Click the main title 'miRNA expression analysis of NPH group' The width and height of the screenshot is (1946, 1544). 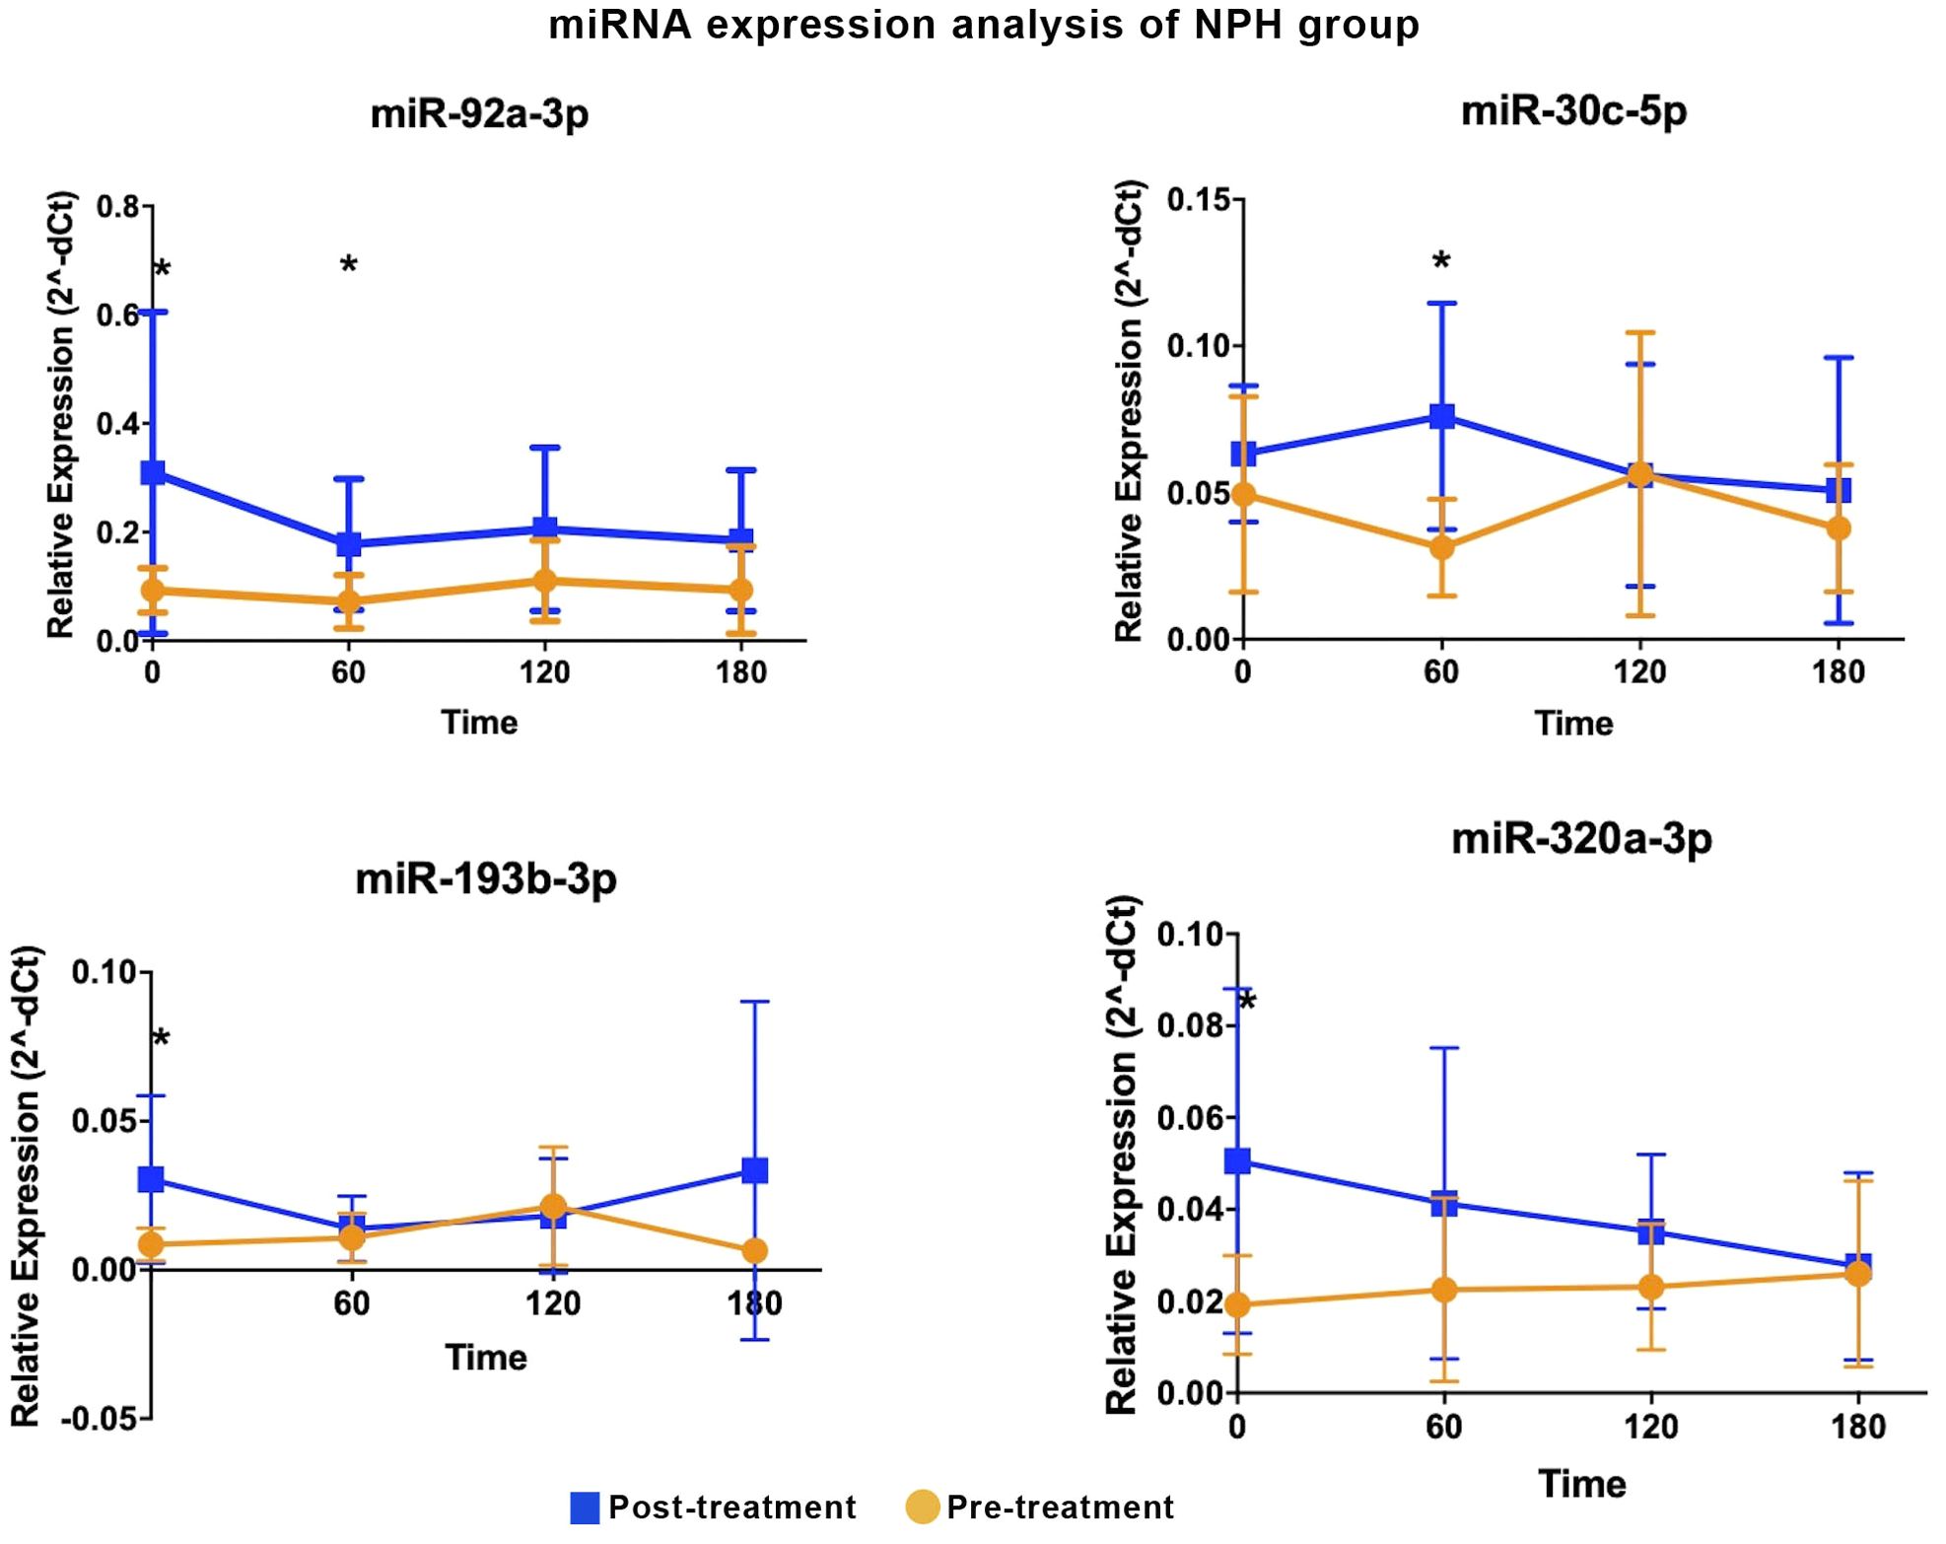coord(983,25)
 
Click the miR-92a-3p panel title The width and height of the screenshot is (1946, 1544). coord(479,113)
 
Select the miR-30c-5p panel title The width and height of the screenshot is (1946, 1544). coord(1573,109)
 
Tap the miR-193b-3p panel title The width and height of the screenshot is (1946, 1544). coord(486,877)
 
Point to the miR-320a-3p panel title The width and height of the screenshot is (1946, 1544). coord(1581,839)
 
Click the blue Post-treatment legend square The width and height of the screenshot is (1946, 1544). coord(585,1508)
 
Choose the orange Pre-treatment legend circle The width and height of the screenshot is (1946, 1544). coord(922,1508)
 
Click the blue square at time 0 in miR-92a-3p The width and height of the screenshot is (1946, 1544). coord(153,472)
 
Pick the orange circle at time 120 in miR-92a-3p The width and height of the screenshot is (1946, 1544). coord(544,580)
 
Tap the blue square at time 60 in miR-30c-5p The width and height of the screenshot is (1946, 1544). coord(1441,415)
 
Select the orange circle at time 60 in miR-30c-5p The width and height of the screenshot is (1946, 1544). coord(1441,546)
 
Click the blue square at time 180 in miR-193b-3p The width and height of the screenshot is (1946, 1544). coord(755,1170)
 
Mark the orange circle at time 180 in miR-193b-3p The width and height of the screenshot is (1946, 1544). coord(755,1251)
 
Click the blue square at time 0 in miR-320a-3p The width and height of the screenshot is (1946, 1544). coord(1238,1160)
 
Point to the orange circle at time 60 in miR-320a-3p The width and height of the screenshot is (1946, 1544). coord(1443,1290)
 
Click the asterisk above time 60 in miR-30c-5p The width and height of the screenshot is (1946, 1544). coord(1441,262)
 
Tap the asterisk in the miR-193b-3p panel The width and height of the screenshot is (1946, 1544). coord(161,1039)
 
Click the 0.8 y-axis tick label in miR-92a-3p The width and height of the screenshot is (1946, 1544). coord(118,208)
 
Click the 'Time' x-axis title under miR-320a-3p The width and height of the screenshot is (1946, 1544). coord(1581,1483)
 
